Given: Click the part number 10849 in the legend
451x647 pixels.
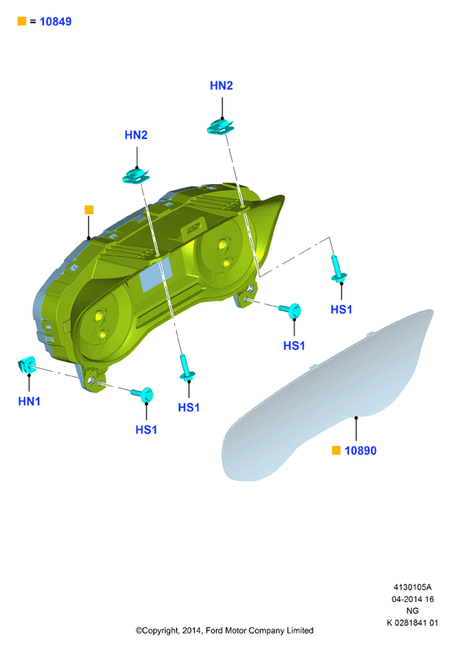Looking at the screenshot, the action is coord(55,22).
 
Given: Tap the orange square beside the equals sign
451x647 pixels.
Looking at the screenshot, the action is coord(22,21).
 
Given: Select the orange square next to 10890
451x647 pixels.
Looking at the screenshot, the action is coord(336,450).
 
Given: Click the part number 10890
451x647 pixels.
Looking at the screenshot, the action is coord(361,450).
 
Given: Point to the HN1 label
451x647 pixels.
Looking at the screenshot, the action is coord(29,401).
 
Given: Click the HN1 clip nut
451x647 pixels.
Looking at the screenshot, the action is coord(27,364).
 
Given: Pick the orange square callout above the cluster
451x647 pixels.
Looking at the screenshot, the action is coord(88,210).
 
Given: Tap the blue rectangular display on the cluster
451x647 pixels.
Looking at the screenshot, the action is coord(156,273).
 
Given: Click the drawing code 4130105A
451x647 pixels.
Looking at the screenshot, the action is coord(412,587).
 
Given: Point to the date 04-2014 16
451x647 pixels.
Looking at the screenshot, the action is coord(412,599).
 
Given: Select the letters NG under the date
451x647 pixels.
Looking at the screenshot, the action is coord(412,610).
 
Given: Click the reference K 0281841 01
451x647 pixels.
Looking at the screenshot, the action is coord(412,623).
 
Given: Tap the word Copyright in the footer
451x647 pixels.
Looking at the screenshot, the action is coord(158,630).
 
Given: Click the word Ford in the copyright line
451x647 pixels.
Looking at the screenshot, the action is coord(214,630).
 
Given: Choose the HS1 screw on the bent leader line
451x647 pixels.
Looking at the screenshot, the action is coord(338,268).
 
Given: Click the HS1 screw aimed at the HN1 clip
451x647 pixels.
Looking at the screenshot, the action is coord(143,394).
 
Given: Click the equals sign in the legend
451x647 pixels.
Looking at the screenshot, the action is coord(33,22).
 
